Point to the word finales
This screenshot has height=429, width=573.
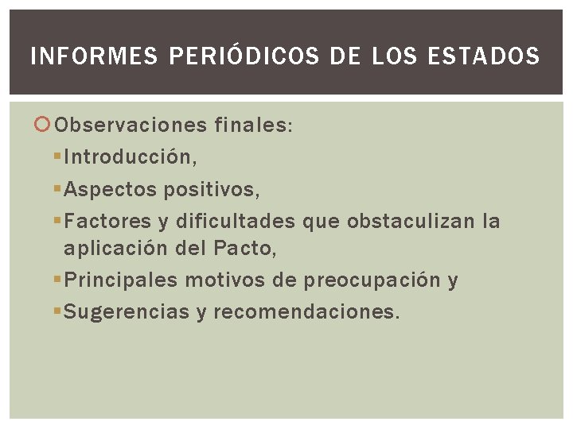coord(253,126)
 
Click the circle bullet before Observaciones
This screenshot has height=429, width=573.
coord(44,126)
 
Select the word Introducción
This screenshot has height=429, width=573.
coord(129,157)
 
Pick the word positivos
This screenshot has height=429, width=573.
coord(210,190)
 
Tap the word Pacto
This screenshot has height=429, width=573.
coord(245,249)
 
